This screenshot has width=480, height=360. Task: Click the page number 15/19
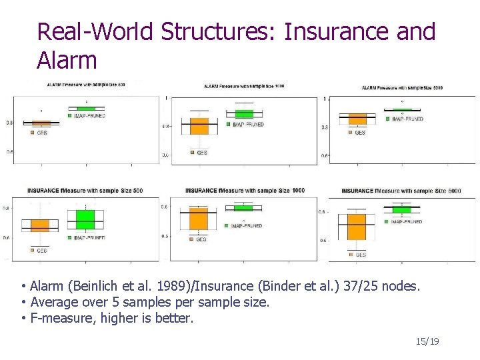(427, 342)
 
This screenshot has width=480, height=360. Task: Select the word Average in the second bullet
(52, 302)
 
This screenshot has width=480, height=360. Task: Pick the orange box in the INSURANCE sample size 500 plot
(40, 225)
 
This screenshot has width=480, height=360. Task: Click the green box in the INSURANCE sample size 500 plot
(85, 219)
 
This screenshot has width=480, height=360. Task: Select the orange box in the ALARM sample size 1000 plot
(199, 126)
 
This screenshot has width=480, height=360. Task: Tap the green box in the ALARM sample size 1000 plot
(244, 114)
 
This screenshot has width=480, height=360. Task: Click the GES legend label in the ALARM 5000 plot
(360, 133)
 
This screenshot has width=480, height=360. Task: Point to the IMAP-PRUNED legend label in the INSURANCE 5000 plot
(407, 221)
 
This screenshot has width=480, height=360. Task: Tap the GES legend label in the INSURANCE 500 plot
(41, 251)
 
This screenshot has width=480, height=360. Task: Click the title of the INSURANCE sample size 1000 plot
(245, 191)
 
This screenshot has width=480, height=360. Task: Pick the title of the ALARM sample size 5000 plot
(402, 88)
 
